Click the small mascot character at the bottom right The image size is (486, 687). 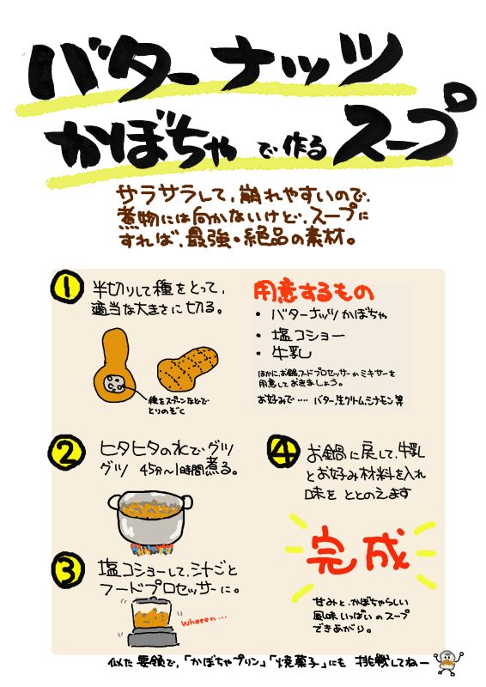click(x=447, y=662)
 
